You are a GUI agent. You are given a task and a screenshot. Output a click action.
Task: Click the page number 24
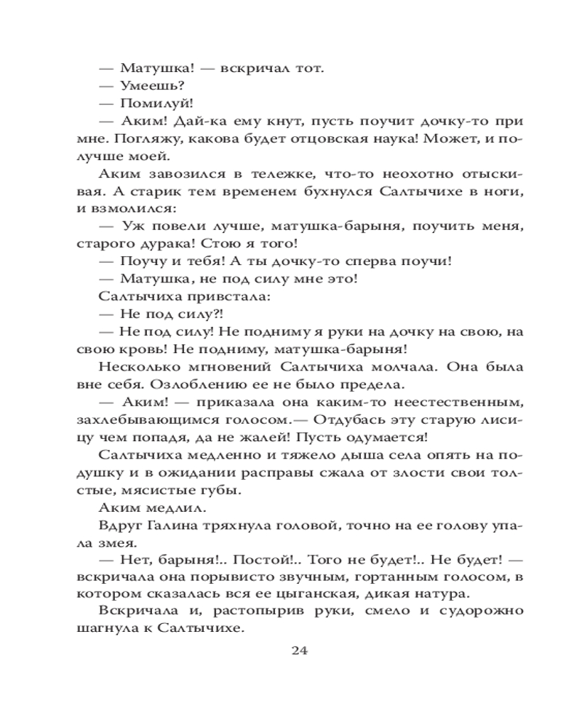pos(300,651)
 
